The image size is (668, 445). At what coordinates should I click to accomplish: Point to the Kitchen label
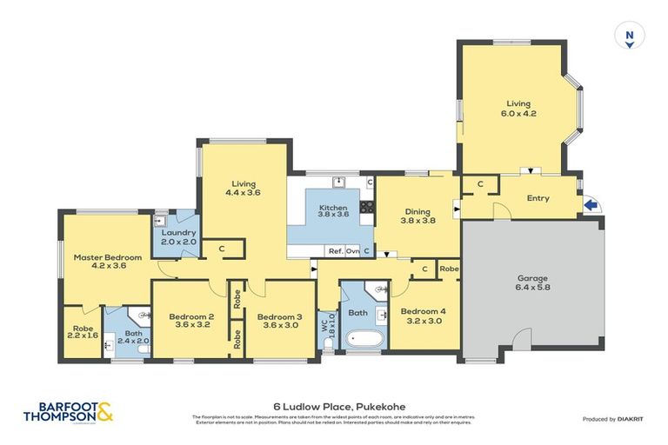(333, 212)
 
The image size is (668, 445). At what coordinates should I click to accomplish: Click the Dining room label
(417, 215)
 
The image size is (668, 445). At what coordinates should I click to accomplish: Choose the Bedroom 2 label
(192, 321)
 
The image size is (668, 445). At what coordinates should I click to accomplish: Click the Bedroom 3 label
(279, 321)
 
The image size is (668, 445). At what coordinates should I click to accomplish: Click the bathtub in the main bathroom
(357, 338)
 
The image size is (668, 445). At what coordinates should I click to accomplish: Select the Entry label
(538, 198)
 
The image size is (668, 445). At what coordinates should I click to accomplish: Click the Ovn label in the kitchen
(352, 251)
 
